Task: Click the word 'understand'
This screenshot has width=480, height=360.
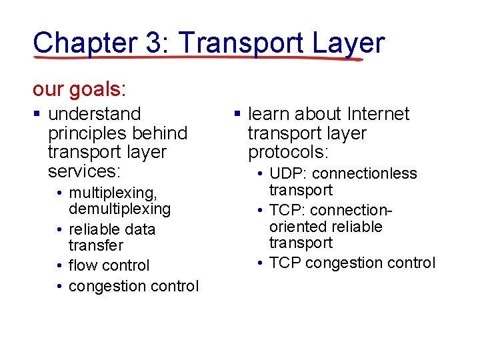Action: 95,114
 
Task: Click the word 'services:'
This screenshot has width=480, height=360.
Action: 84,171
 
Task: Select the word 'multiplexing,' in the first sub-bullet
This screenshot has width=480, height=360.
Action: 113,193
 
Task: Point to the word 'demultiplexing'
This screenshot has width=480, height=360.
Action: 120,209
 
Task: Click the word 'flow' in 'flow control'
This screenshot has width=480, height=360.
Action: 83,265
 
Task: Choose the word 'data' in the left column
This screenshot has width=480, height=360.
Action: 139,229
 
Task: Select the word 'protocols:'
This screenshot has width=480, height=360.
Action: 289,152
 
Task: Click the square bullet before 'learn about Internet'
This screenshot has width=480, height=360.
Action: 238,115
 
